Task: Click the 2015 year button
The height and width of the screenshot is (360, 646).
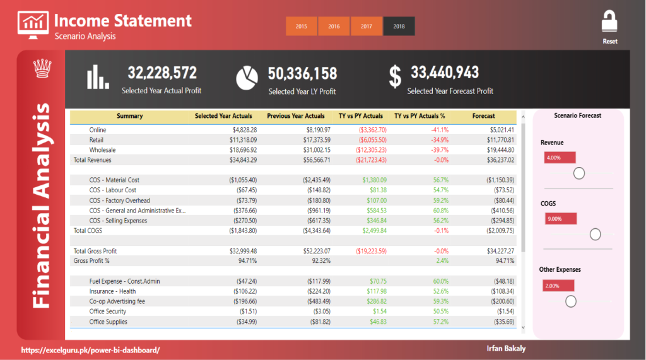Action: coord(302,26)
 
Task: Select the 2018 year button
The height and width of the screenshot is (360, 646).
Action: coord(399,26)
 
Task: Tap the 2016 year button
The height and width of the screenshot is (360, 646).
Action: coord(334,26)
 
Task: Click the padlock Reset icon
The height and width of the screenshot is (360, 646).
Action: coord(609,22)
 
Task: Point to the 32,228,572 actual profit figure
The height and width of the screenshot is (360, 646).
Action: coord(162,73)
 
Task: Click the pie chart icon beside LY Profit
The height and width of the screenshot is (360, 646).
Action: coord(247,78)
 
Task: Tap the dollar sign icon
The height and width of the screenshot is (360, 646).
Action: coord(395,76)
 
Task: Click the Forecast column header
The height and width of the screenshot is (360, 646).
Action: coord(483,116)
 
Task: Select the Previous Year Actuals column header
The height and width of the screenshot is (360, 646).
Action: coord(295,116)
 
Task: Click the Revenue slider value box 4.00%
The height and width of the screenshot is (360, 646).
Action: coord(560,158)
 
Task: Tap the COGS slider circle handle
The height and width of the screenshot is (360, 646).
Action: coord(595,235)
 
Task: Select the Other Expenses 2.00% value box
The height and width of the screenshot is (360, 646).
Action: coord(558,286)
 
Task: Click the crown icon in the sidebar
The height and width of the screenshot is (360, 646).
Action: coord(42,67)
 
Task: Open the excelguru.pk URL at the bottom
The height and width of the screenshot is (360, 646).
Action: coord(90,349)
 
